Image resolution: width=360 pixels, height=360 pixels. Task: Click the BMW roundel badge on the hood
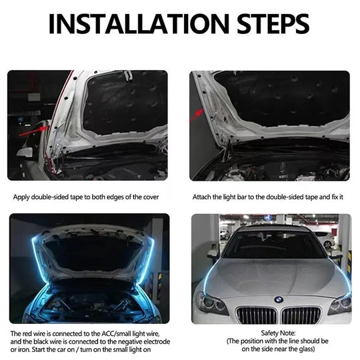[278, 299]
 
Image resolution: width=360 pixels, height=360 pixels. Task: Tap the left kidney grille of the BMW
[255, 314]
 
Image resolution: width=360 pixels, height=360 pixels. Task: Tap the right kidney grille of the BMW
[302, 314]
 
